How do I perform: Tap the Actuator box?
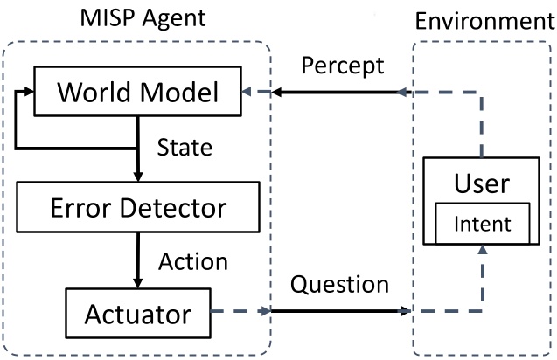139,311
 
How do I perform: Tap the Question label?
338,285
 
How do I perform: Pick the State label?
185,147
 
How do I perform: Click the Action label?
192,260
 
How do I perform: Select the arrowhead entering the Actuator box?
136,282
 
